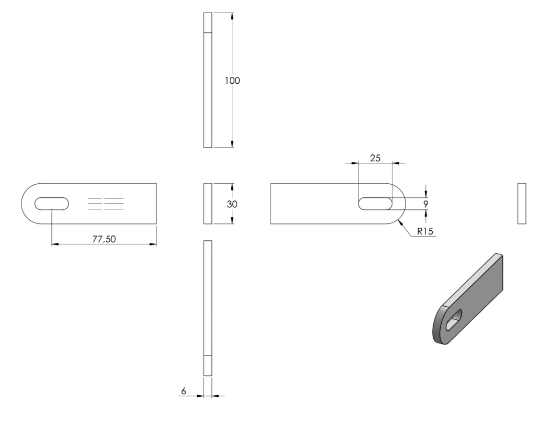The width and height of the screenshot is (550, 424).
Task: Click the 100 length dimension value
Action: [x=232, y=81]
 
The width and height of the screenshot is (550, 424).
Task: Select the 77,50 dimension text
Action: [x=104, y=239]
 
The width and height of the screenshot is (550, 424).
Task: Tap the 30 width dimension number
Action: [x=232, y=204]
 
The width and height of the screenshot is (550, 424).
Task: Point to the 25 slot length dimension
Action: [x=375, y=158]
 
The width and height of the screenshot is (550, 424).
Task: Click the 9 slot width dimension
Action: [x=426, y=204]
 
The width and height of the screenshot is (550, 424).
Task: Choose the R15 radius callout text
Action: [x=425, y=231]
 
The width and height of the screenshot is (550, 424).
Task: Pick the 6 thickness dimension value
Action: [x=184, y=391]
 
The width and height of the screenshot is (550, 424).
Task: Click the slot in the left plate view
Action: [x=52, y=204]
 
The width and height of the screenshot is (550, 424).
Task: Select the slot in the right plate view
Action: [x=375, y=204]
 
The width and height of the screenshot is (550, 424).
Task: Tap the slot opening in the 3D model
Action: [x=454, y=320]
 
